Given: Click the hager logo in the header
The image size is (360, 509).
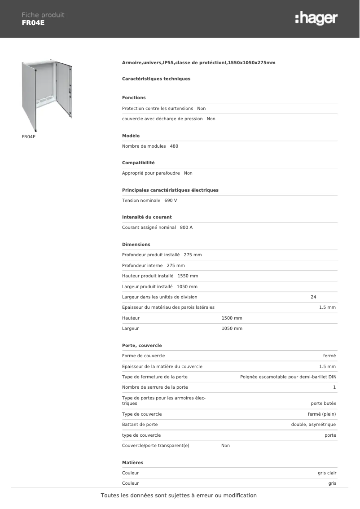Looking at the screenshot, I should pyautogui.click(x=316, y=18).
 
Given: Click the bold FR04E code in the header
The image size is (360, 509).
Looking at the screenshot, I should pyautogui.click(x=33, y=23).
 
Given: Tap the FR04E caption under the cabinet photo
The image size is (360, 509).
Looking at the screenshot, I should pyautogui.click(x=28, y=136).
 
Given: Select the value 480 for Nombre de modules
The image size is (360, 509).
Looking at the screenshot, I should pyautogui.click(x=174, y=146).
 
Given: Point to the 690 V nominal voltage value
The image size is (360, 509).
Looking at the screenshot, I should pyautogui.click(x=171, y=201).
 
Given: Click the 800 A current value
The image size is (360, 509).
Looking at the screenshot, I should pyautogui.click(x=186, y=228).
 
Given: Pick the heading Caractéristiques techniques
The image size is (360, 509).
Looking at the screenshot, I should pyautogui.click(x=156, y=79).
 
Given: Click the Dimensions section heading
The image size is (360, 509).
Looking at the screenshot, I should pyautogui.click(x=136, y=245).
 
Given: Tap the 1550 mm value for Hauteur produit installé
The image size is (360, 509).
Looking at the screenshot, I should pyautogui.click(x=188, y=276).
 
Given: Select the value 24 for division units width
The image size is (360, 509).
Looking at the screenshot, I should pyautogui.click(x=313, y=297).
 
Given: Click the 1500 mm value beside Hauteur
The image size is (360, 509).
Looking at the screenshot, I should pyautogui.click(x=232, y=318).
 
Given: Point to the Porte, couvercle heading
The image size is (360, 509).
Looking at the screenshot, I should pyautogui.click(x=142, y=346).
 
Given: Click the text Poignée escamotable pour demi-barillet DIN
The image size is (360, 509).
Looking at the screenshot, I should pyautogui.click(x=288, y=377).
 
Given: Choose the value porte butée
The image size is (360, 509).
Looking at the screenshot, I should pyautogui.click(x=323, y=404).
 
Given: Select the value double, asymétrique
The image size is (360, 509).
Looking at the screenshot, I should pyautogui.click(x=313, y=425).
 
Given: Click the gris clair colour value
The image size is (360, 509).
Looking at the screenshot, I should pyautogui.click(x=327, y=473).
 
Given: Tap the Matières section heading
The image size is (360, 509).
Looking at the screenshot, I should pyautogui.click(x=132, y=462).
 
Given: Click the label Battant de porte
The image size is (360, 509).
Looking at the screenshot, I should pyautogui.click(x=140, y=425).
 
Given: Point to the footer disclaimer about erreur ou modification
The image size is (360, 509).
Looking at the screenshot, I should pyautogui.click(x=179, y=496).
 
